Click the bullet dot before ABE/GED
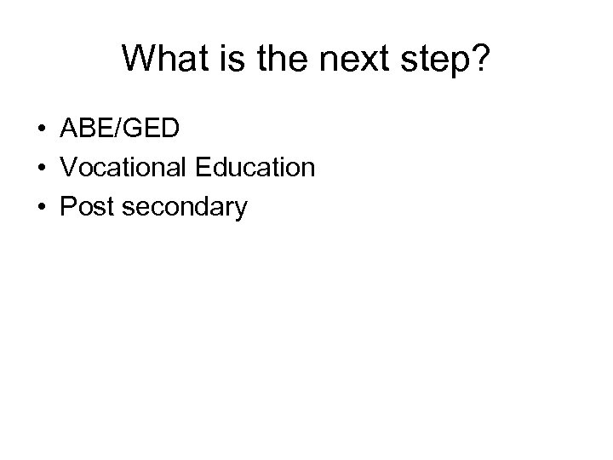click(x=41, y=129)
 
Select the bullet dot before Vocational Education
click(x=41, y=168)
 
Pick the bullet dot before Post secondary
click(x=41, y=207)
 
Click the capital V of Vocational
click(x=68, y=168)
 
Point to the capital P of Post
click(x=66, y=207)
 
